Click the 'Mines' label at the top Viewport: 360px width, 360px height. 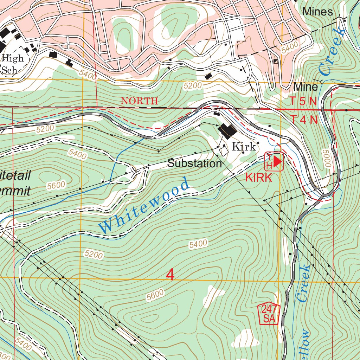click(317, 12)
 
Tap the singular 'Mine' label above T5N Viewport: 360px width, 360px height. click(306, 86)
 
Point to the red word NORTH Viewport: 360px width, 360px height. click(139, 101)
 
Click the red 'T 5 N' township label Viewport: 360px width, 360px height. click(304, 101)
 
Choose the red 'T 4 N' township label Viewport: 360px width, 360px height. click(304, 120)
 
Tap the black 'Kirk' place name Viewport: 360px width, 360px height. click(244, 147)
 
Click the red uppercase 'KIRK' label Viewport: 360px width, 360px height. click(259, 178)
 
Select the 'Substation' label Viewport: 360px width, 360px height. click(194, 163)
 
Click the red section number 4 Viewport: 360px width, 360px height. click(170, 275)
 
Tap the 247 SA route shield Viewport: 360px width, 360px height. click(269, 314)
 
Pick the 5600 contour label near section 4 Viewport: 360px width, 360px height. click(155, 295)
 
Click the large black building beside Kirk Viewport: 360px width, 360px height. click(228, 131)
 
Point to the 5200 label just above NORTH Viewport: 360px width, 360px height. click(193, 85)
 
